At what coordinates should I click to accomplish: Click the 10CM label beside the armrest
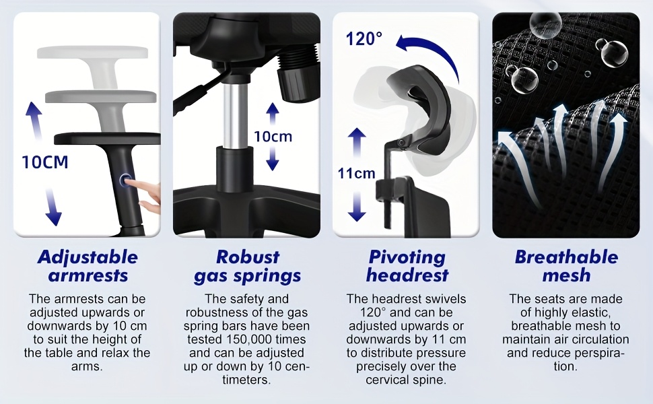[x=45, y=162]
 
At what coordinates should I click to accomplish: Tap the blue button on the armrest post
[x=125, y=180]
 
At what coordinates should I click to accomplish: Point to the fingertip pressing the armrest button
[x=129, y=182]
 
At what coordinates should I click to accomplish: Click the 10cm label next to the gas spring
[x=273, y=137]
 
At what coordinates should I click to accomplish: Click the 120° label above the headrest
[x=364, y=39]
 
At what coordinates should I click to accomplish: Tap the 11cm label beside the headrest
[x=356, y=173]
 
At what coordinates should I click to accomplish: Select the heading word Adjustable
[x=88, y=257]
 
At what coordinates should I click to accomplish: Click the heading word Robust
[x=248, y=257]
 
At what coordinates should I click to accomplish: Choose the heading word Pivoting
[x=407, y=257]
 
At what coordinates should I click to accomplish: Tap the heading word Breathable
[x=566, y=257]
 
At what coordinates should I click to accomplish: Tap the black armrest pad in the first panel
[x=108, y=139]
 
